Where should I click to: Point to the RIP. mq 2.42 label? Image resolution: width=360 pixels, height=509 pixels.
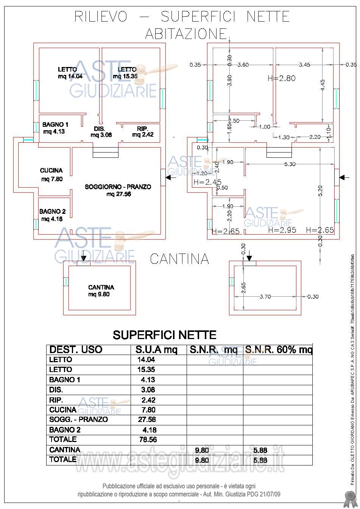coord(143,131)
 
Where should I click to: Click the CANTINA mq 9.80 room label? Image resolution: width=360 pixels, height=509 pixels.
coord(101,291)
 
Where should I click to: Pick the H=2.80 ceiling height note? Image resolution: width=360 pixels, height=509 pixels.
coord(281,78)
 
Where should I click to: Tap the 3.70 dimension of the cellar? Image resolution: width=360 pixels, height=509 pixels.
coord(265,297)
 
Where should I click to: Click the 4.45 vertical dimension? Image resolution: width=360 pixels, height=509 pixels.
coord(323,84)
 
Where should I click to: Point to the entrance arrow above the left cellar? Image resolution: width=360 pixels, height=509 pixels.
coord(83,258)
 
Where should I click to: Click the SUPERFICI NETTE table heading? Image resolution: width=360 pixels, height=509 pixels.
coord(164,335)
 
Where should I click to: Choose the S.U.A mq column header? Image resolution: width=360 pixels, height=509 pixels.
coord(156,349)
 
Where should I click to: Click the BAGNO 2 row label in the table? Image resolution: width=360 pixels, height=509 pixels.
coord(65,430)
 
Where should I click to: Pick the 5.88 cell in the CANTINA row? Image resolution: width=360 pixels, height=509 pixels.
coord(260,450)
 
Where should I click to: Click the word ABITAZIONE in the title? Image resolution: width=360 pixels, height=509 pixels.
coord(185,34)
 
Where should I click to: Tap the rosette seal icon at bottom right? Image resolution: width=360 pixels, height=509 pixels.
coord(349,498)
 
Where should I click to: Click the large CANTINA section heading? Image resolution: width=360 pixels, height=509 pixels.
coord(179,259)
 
